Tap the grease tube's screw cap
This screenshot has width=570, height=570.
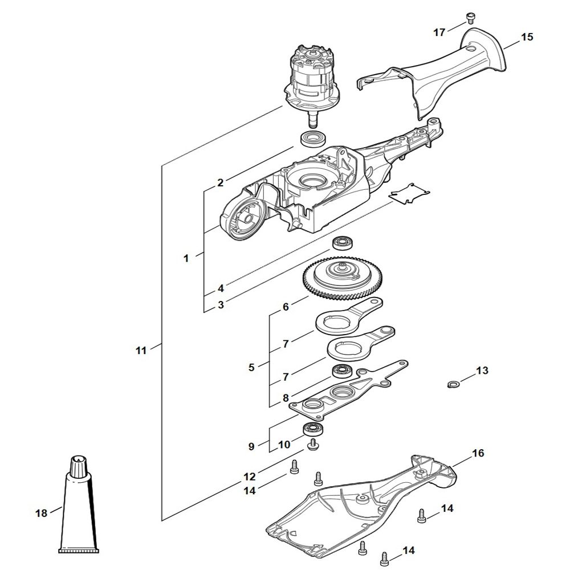click(x=78, y=467)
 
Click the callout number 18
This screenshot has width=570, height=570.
click(x=41, y=513)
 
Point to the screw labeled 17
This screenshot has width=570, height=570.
click(x=471, y=18)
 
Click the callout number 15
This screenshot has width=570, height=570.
click(x=527, y=37)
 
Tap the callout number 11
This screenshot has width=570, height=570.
click(x=141, y=351)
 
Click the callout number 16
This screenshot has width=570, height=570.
click(x=478, y=453)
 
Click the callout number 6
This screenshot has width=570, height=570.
click(x=286, y=307)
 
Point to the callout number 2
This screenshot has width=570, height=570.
click(x=220, y=183)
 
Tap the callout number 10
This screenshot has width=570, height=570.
click(x=284, y=444)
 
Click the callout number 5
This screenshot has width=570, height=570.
click(x=251, y=368)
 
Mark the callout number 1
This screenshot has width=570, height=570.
click(x=186, y=258)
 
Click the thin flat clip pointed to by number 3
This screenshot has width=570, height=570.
click(x=409, y=194)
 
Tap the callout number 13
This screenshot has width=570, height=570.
click(x=482, y=370)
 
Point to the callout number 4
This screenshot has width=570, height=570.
click(x=220, y=287)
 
